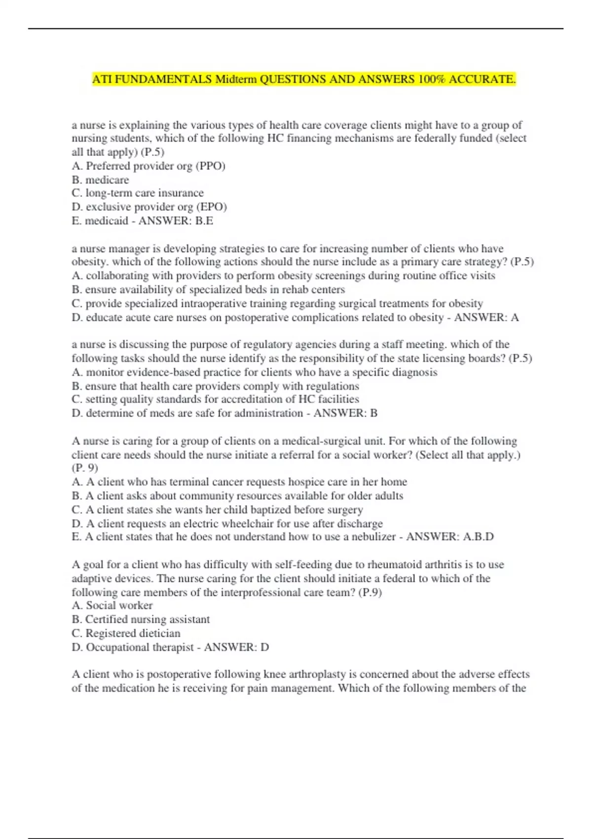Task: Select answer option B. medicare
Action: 100,180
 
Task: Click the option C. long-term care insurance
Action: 138,193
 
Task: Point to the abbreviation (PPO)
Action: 211,166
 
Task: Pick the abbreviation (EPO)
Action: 212,207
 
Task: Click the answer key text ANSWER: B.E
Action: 176,221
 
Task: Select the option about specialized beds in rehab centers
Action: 208,289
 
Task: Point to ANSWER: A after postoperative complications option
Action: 486,317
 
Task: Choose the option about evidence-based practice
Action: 255,372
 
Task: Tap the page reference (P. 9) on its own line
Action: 85,467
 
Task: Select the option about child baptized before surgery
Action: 217,509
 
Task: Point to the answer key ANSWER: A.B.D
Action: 449,537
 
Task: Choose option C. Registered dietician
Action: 126,633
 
